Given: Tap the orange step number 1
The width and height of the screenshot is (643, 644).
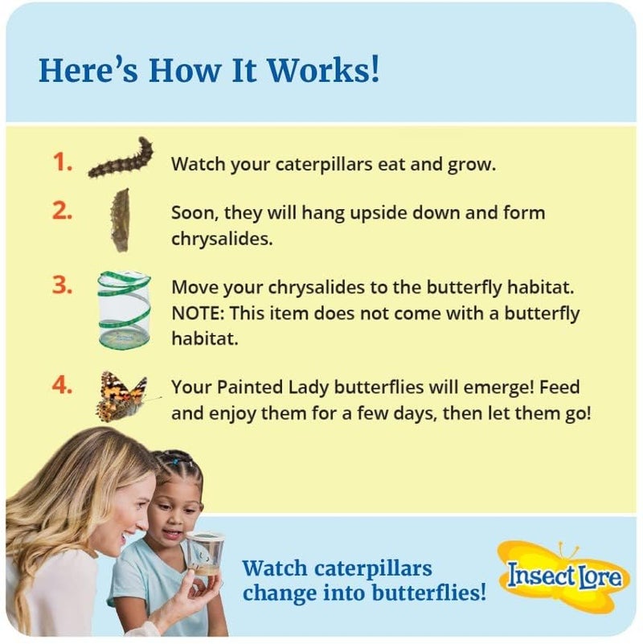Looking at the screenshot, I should pyautogui.click(x=62, y=162).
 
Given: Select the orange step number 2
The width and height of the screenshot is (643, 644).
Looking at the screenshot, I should pyautogui.click(x=63, y=213).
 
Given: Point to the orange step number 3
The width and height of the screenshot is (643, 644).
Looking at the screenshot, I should pyautogui.click(x=63, y=287).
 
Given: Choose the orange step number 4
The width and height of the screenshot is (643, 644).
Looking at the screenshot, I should pyautogui.click(x=63, y=387).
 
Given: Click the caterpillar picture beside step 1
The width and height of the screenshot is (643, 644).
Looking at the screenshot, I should pyautogui.click(x=121, y=158).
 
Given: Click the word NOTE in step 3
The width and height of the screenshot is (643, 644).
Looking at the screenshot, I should pyautogui.click(x=195, y=313).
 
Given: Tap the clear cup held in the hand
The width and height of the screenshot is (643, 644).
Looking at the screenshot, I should pyautogui.click(x=204, y=554).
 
